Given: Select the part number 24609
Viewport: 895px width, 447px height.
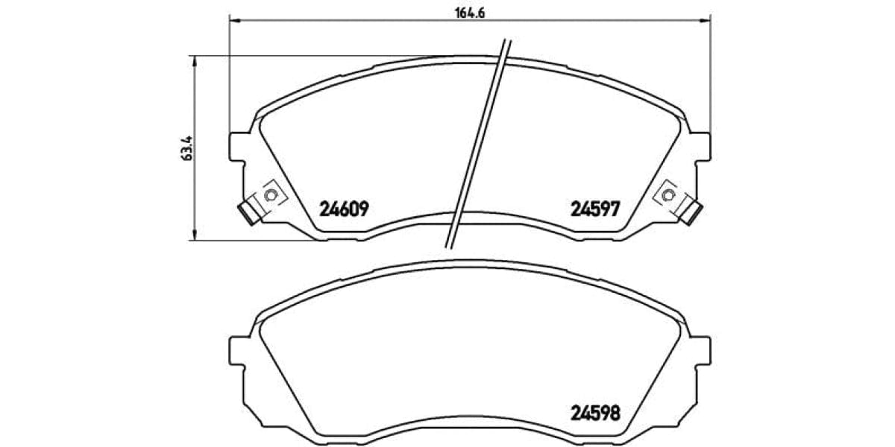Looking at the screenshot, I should click(x=344, y=209).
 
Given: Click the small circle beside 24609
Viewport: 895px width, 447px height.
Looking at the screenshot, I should click(x=271, y=195).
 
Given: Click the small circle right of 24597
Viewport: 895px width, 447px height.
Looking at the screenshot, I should click(x=668, y=195).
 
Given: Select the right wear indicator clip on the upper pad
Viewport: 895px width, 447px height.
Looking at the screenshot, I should click(x=691, y=213).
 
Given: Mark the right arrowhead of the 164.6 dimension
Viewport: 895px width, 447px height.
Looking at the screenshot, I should click(x=708, y=22).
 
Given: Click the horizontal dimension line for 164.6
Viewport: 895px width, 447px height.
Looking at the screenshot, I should click(x=336, y=22).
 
